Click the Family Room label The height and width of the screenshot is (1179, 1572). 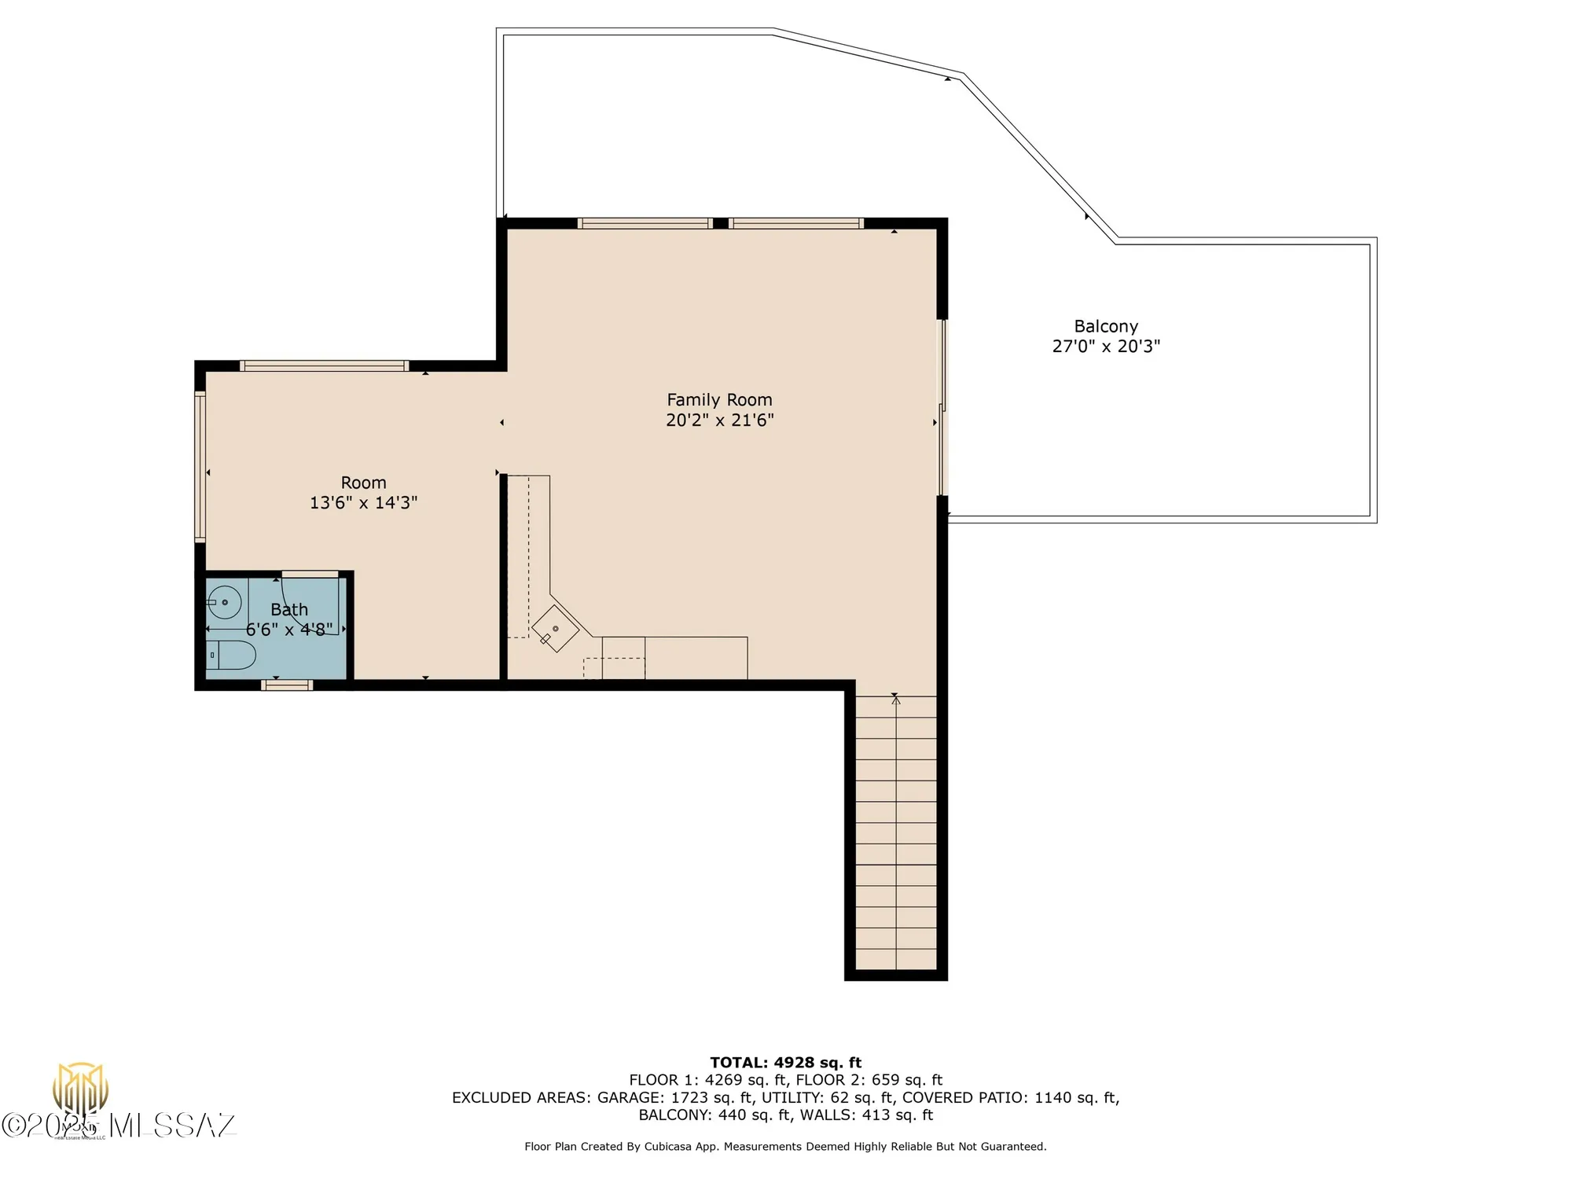click(719, 400)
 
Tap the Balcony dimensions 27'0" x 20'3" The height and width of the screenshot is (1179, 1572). click(1106, 347)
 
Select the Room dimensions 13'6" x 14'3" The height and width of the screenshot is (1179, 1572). click(363, 503)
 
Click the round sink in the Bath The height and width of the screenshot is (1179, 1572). click(226, 603)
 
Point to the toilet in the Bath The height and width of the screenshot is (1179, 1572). click(233, 655)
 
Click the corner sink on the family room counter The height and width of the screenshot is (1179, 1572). click(555, 629)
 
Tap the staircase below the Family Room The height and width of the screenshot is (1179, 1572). click(896, 833)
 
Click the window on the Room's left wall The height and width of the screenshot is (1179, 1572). click(200, 467)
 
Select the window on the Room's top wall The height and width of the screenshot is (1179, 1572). click(324, 365)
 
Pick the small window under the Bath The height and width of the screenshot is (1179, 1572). click(287, 685)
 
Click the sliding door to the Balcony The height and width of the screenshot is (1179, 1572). click(943, 407)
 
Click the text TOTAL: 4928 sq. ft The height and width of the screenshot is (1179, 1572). click(785, 1063)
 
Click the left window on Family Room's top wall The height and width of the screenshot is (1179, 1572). click(645, 223)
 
